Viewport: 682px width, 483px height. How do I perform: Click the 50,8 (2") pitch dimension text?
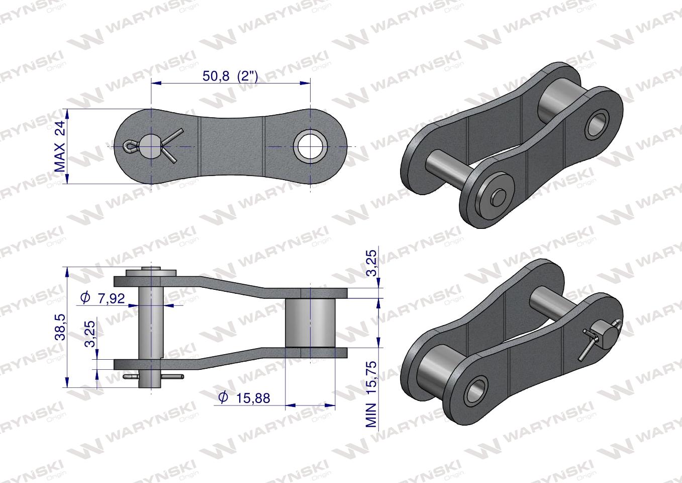pos(230,76)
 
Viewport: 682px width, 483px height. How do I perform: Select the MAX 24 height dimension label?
pos(60,147)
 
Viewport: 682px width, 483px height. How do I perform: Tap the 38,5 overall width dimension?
pos(60,327)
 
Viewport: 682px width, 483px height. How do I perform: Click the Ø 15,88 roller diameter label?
pos(245,398)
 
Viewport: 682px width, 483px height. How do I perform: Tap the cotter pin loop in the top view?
pos(130,146)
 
